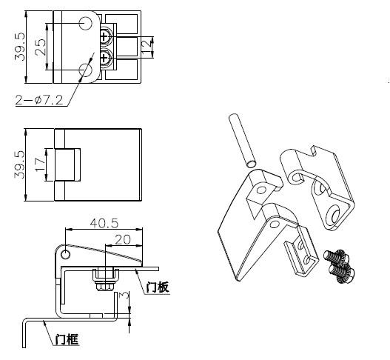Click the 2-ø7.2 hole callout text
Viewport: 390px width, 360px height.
pyautogui.click(x=39, y=100)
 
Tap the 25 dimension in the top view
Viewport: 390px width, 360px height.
pyautogui.click(x=40, y=47)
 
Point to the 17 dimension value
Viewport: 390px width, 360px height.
pyautogui.click(x=40, y=165)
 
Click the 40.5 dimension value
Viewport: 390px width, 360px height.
pyautogui.click(x=104, y=223)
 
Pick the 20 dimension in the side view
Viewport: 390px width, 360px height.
pyautogui.click(x=123, y=240)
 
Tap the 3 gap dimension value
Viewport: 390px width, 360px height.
pyautogui.click(x=124, y=296)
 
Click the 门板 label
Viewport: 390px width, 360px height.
pyautogui.click(x=158, y=287)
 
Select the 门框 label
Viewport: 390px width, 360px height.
pyautogui.click(x=67, y=339)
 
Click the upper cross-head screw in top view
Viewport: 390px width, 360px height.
pyautogui.click(x=105, y=37)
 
